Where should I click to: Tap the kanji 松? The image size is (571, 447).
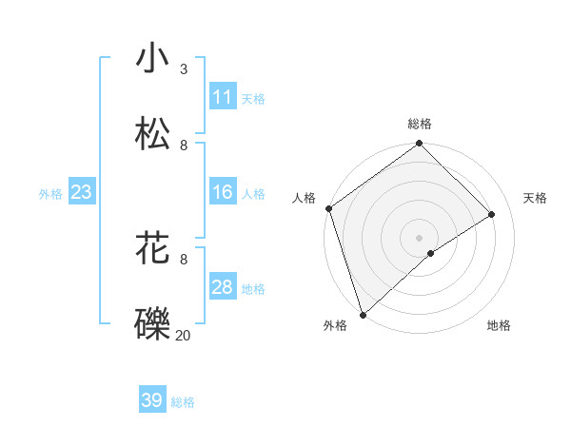[x=153, y=134]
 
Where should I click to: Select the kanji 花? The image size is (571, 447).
[x=153, y=248]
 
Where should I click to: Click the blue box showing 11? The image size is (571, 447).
[x=222, y=97]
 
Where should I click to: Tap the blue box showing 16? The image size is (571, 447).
[x=222, y=193]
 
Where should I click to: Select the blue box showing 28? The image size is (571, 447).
[x=222, y=287]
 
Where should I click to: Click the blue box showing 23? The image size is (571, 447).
[x=81, y=193]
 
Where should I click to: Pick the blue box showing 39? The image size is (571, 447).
[x=152, y=400]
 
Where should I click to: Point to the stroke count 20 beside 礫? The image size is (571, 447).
[x=183, y=335]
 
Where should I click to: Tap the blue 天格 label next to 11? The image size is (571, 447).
[x=253, y=98]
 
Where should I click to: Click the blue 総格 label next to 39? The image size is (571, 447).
[x=183, y=402]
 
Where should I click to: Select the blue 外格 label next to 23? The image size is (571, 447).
[x=50, y=194]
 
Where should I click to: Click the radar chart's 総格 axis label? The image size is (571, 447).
[x=420, y=124]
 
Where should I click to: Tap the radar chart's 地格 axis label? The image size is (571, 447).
[x=499, y=325]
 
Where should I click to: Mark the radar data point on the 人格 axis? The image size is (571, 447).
[x=328, y=208]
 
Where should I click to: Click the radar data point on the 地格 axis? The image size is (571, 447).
[x=431, y=253]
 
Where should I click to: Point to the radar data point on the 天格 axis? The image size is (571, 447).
[x=492, y=215]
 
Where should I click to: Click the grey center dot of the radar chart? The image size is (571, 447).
[x=419, y=237]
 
